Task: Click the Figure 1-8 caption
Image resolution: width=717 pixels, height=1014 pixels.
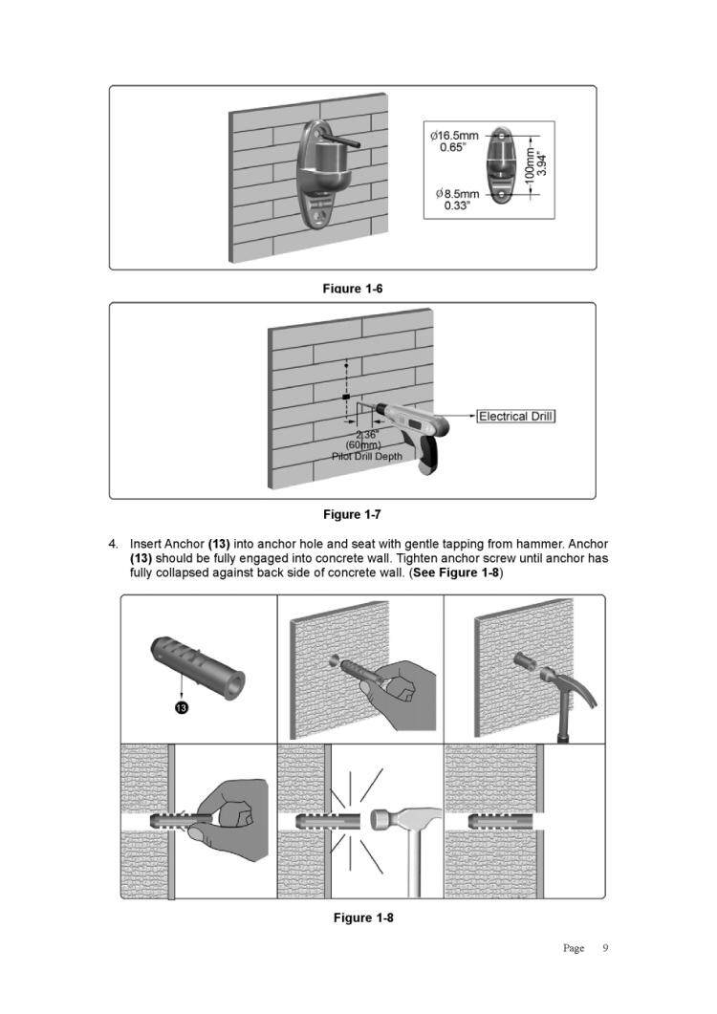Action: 363,918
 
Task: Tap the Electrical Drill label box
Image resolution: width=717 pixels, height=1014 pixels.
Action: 516,416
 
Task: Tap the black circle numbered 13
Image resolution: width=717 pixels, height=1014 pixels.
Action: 181,707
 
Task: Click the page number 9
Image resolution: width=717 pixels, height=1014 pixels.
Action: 604,948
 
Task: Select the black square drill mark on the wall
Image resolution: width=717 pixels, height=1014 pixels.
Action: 346,396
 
